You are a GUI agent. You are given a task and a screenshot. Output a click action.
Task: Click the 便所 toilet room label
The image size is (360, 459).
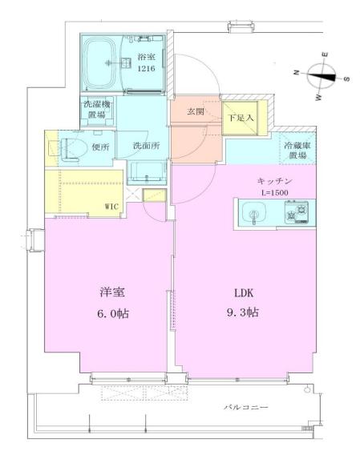click(x=100, y=147)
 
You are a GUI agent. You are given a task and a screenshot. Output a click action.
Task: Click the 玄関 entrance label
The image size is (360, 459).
click(x=196, y=112)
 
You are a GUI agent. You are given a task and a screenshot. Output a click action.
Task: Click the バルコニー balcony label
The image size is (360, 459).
click(x=245, y=408)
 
